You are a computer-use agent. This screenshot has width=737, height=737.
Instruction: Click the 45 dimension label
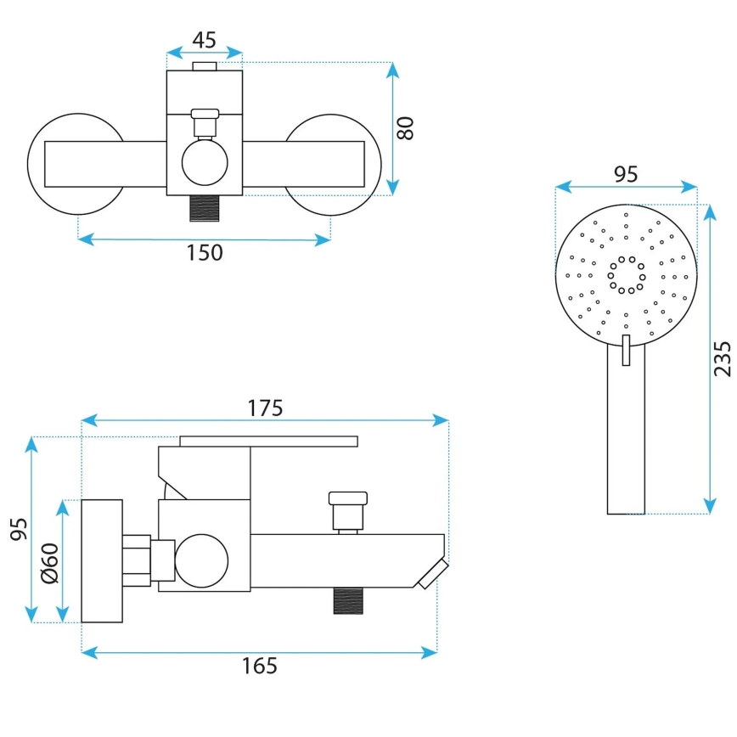click(204, 40)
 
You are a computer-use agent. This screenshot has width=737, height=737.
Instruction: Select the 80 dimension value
click(407, 127)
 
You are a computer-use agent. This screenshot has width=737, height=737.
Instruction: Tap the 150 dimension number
click(205, 252)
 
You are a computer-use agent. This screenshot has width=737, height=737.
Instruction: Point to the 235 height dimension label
click(722, 359)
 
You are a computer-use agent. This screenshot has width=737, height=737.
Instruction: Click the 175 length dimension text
click(265, 408)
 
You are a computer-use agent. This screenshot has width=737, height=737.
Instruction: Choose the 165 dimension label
click(260, 666)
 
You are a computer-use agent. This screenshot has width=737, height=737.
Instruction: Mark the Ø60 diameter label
click(49, 563)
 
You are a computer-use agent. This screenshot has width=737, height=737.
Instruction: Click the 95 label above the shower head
click(626, 174)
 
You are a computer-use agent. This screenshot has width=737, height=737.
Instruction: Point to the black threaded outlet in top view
click(204, 207)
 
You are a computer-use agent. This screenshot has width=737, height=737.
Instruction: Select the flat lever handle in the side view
click(268, 441)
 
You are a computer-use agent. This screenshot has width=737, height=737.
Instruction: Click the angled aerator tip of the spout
click(432, 574)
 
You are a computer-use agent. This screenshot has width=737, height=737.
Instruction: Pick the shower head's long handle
click(626, 433)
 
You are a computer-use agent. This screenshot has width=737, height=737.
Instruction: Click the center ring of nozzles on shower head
click(626, 275)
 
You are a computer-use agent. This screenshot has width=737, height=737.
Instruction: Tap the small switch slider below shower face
click(626, 350)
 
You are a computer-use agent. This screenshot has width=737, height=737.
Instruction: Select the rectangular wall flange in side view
click(102, 560)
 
